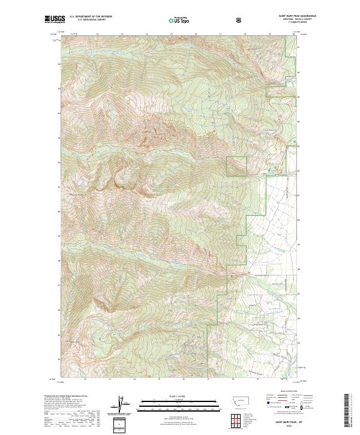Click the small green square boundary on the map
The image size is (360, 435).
click(236, 166)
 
